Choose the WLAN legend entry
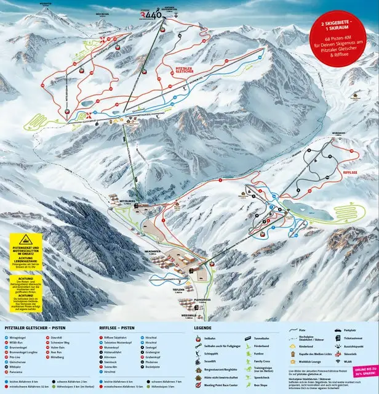click(349, 371)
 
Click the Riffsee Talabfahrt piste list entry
click(116, 339)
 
